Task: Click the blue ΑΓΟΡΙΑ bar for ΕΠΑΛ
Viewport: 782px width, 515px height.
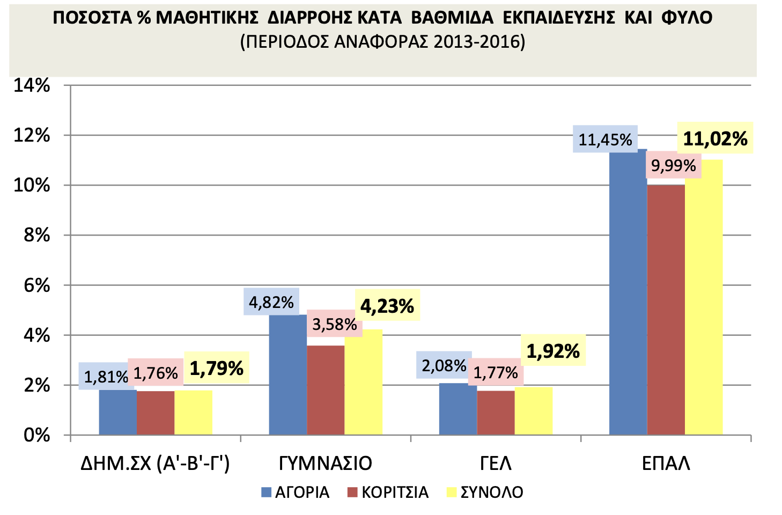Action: click(x=628, y=292)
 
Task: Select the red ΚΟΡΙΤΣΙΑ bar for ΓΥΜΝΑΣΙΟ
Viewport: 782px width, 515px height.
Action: click(x=326, y=390)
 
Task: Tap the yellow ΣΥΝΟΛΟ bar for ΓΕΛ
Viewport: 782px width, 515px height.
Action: click(x=533, y=411)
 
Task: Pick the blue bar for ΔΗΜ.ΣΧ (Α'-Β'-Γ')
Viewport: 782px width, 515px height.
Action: click(x=118, y=412)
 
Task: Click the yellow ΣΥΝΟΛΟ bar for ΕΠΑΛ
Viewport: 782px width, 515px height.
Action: click(x=704, y=297)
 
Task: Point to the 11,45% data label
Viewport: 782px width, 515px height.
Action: click(x=605, y=140)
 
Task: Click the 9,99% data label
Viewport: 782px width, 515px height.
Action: click(x=673, y=166)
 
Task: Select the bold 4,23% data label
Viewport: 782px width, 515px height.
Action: click(x=387, y=306)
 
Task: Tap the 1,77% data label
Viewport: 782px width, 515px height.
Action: click(x=496, y=372)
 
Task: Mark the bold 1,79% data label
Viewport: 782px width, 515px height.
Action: click(x=217, y=368)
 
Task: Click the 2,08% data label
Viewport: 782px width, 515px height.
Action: click(x=444, y=366)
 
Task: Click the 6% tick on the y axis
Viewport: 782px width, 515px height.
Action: click(x=36, y=285)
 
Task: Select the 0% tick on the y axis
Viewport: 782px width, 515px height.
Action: click(x=36, y=435)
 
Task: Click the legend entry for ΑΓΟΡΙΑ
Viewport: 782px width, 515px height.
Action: click(x=296, y=492)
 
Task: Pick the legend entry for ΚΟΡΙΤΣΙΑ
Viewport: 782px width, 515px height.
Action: click(x=388, y=492)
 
